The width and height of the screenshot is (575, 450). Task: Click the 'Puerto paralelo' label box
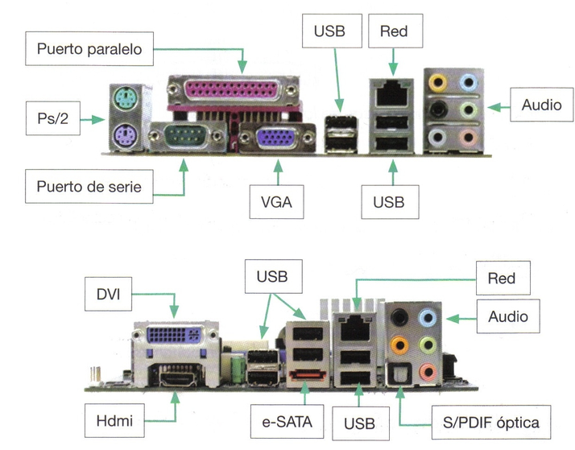click(89, 48)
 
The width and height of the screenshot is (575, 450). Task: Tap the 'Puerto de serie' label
click(89, 187)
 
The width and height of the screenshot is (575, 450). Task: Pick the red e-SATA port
click(307, 374)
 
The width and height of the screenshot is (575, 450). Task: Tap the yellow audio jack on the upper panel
click(436, 81)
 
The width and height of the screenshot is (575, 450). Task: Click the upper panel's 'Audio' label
click(540, 105)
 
